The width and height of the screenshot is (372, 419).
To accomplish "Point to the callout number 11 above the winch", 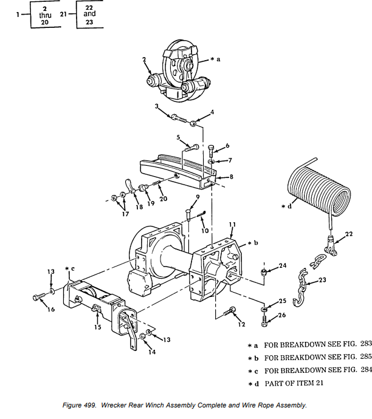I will click(x=232, y=225).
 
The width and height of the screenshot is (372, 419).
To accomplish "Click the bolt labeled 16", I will click(x=38, y=298).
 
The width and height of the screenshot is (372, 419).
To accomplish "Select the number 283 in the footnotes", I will click(x=363, y=344).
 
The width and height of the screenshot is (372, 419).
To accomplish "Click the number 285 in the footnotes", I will click(x=363, y=357).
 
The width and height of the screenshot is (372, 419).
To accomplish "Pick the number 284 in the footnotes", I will click(x=363, y=370).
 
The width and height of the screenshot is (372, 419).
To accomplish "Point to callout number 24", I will click(x=283, y=265).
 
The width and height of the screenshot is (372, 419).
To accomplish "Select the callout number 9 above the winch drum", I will click(x=198, y=196).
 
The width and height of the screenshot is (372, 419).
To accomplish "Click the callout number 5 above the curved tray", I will click(x=178, y=138).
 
